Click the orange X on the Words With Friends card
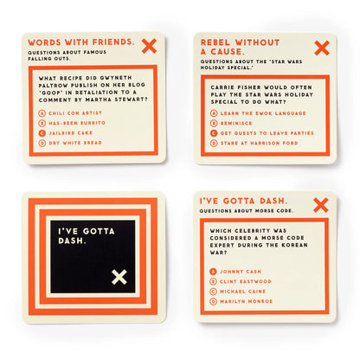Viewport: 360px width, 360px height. coord(150,46)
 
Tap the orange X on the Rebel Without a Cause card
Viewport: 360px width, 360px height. coord(321,48)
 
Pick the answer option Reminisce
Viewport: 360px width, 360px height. coord(236,124)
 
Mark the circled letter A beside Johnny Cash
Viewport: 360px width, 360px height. coord(214,272)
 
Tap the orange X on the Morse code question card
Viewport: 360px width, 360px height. coord(321,204)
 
